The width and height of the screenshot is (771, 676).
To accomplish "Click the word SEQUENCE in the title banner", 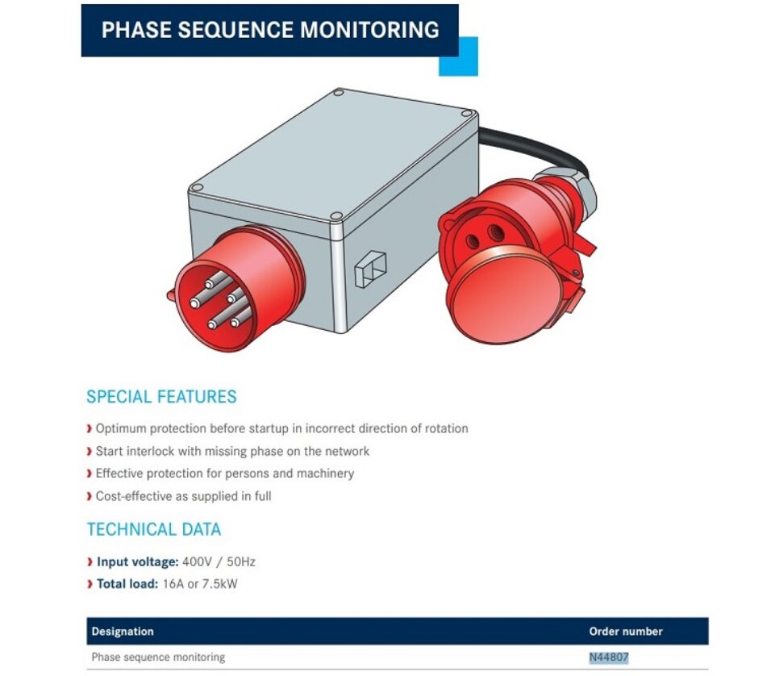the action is point(234,30).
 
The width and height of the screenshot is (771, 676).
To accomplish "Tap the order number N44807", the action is point(609,657).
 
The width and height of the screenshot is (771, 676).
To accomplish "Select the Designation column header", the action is point(123,631).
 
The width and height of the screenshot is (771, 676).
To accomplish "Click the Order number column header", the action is point(626,631).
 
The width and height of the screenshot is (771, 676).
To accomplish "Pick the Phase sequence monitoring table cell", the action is point(158,657).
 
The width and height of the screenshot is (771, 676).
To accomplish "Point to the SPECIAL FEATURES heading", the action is point(161,397).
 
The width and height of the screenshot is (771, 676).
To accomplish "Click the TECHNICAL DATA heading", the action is point(154,529).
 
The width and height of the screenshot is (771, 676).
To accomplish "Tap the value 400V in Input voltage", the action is point(196,561).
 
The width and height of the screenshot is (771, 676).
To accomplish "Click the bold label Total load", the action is point(127,584).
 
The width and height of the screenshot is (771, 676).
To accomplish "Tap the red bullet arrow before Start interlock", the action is point(89,451).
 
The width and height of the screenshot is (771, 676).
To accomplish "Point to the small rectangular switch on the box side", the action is point(370,268).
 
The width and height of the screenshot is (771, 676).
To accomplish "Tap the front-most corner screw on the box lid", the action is point(336,216).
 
